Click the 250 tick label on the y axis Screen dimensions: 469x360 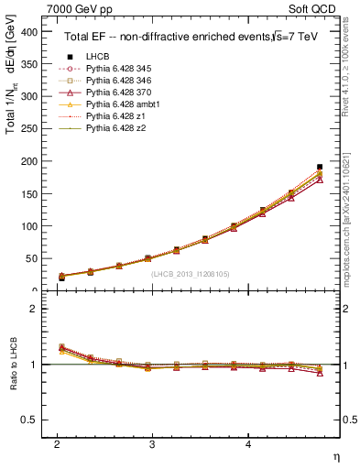27,128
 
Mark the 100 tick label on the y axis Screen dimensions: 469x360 27,225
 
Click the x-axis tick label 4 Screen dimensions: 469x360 248,443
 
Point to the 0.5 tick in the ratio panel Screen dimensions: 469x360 27,420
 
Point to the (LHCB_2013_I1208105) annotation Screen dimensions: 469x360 191,274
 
